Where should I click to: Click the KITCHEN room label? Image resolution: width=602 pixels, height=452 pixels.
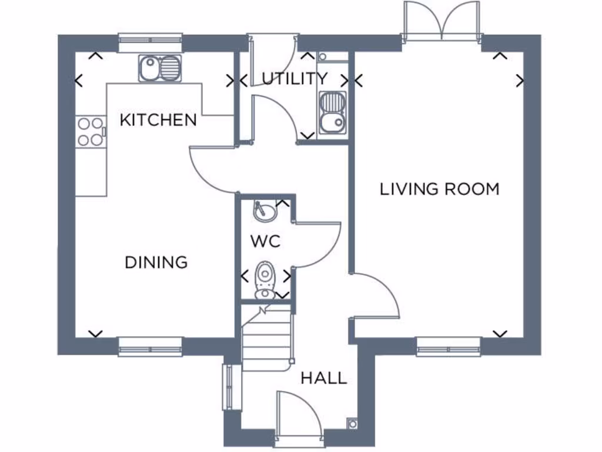(x=158, y=120)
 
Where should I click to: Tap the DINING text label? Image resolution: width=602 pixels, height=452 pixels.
(x=156, y=262)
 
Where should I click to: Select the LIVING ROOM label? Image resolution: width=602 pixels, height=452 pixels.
(x=440, y=189)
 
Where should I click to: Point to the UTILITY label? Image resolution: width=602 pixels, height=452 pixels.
(x=295, y=79)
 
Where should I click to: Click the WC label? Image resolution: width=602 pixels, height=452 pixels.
(x=265, y=241)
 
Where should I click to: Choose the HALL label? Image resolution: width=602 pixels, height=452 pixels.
(x=324, y=378)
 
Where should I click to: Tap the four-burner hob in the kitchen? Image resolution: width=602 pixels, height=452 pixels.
(x=90, y=131)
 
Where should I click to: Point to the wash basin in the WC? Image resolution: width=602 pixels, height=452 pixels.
(x=265, y=211)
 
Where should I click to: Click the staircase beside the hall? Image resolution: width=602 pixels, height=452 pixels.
(x=266, y=338)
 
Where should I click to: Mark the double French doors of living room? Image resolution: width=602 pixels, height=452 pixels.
(x=441, y=22)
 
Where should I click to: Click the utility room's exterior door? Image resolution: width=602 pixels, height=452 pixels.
(x=272, y=53)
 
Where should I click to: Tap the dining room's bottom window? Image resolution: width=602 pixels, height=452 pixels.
(x=150, y=347)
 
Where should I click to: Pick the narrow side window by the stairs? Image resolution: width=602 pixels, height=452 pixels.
(x=228, y=387)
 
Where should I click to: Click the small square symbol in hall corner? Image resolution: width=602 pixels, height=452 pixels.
(x=352, y=423)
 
